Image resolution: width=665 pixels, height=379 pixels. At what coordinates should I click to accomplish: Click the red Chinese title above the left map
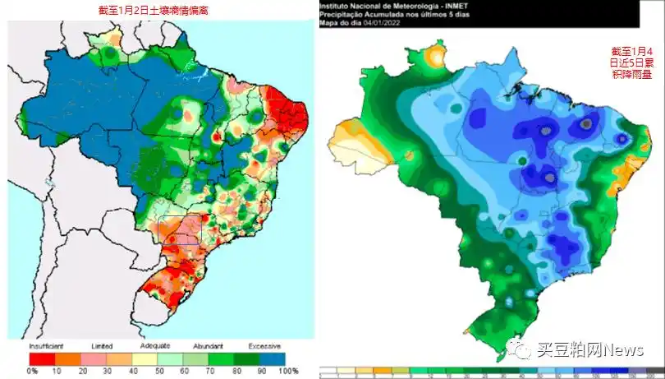pos(153,10)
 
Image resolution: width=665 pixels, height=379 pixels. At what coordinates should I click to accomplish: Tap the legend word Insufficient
pos(48,346)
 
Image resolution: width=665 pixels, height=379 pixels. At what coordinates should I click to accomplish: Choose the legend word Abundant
pos(209,346)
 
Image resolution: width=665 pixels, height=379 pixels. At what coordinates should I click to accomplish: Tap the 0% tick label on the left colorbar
pos(32,372)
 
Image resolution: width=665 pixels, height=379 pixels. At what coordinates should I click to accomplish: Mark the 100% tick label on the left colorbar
pos(288,372)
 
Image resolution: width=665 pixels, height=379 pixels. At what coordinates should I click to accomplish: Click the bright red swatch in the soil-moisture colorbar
pos(42,358)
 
